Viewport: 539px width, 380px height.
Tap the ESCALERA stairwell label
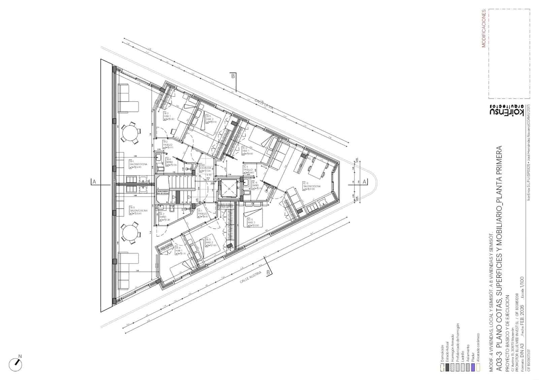tap(205, 168)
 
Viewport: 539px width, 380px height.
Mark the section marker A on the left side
tap(94, 182)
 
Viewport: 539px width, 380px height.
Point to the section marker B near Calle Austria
tap(268, 272)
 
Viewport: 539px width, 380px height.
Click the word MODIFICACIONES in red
tap(484, 29)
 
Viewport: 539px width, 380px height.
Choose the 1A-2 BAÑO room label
tap(162, 216)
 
